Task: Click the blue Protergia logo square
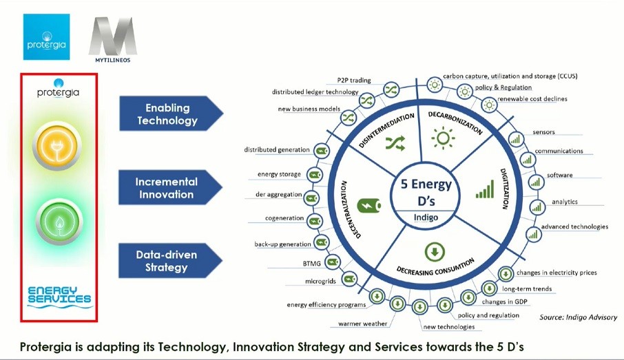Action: pyautogui.click(x=47, y=37)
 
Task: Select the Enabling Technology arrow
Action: pyautogui.click(x=171, y=114)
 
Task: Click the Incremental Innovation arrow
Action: pyautogui.click(x=170, y=187)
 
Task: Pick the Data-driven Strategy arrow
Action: pyautogui.click(x=170, y=261)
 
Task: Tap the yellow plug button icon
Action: pyautogui.click(x=57, y=146)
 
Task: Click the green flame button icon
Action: pyautogui.click(x=59, y=221)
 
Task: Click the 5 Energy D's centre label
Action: pyautogui.click(x=426, y=193)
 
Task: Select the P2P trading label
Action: pyautogui.click(x=354, y=80)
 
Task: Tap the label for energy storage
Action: pyautogui.click(x=279, y=174)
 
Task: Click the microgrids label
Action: pyautogui.click(x=320, y=282)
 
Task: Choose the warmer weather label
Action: pyautogui.click(x=362, y=324)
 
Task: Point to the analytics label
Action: pyautogui.click(x=564, y=202)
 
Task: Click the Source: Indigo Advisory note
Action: pyautogui.click(x=579, y=317)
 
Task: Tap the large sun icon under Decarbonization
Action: pyautogui.click(x=443, y=138)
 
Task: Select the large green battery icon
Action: pyautogui.click(x=369, y=205)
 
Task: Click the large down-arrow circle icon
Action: pyautogui.click(x=435, y=252)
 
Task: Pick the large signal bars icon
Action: pyautogui.click(x=485, y=189)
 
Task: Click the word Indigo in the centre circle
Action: pyautogui.click(x=426, y=218)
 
